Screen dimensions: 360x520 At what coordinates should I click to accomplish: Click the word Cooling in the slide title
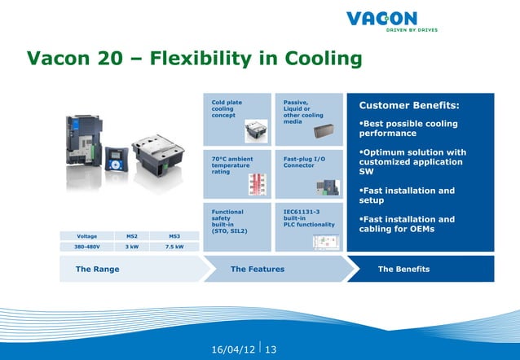pos(320,59)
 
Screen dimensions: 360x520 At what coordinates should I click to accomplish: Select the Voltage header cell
pos(86,236)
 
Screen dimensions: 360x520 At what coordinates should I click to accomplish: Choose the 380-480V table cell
pos(86,247)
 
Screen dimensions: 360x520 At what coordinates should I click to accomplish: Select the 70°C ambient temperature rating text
pos(231,165)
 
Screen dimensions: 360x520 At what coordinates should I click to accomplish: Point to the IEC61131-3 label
pos(301,212)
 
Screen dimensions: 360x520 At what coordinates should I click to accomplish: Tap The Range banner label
pos(97,269)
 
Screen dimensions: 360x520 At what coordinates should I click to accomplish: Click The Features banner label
pos(258,269)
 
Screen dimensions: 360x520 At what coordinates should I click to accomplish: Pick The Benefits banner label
pos(403,269)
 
